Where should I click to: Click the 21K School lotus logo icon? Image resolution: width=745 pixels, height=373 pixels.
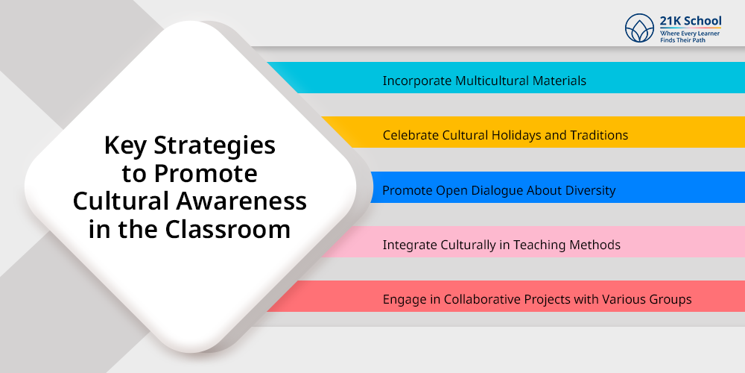coord(639,28)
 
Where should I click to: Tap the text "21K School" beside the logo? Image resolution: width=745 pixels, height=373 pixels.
coord(691,21)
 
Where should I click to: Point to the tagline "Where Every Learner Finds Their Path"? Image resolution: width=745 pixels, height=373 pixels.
coord(689,37)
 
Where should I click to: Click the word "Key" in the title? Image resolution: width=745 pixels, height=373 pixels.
coord(125,145)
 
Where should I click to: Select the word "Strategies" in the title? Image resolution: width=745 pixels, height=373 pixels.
coord(215,145)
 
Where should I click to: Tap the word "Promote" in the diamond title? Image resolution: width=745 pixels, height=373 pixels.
coord(206,173)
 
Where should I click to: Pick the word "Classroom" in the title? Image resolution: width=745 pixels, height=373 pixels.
coord(227,229)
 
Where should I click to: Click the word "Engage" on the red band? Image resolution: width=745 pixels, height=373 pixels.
coord(403,300)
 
